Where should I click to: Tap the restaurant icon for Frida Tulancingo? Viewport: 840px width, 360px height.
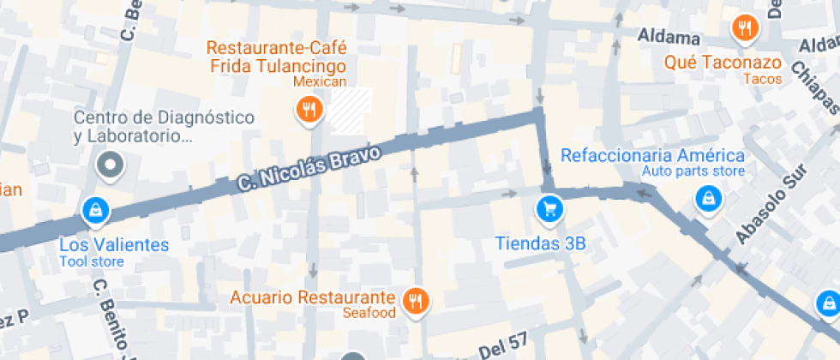point(309,109)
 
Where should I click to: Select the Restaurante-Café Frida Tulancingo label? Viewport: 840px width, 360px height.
point(276,57)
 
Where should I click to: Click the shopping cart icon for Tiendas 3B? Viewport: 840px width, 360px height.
point(548,207)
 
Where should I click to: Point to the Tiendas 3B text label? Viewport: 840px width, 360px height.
point(540,243)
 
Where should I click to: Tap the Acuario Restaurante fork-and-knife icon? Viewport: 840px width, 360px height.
point(417,299)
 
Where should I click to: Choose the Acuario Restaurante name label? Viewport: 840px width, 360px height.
point(313,297)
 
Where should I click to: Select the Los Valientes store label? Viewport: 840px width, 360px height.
point(114,245)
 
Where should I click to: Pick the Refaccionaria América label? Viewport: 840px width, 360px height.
point(652,155)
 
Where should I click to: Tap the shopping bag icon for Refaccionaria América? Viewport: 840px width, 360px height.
point(708,199)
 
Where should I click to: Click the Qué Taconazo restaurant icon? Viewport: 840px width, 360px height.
point(745,28)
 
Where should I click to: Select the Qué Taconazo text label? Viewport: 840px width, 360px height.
point(723,63)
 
